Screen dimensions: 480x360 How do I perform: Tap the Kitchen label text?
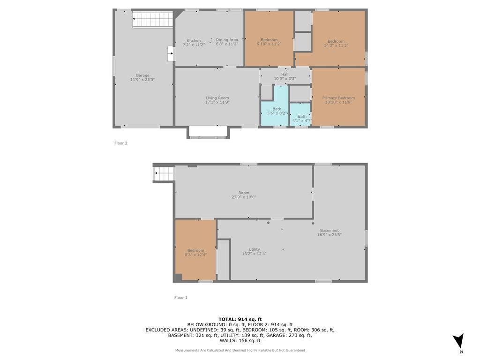tap(194, 40)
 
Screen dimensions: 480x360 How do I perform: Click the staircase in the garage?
tap(153, 20)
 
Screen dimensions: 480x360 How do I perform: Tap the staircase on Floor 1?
tap(164, 174)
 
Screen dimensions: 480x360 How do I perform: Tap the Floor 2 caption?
tap(121, 143)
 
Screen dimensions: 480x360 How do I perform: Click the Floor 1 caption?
tap(180, 298)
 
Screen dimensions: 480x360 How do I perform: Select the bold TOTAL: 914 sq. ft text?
tap(240, 320)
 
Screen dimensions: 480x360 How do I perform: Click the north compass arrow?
tap(458, 340)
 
